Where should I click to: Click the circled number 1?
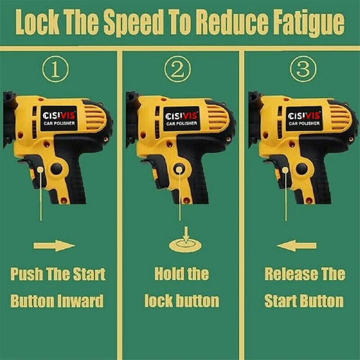click(x=55, y=69)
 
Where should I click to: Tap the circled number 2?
click(x=178, y=69)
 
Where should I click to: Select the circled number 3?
click(x=303, y=69)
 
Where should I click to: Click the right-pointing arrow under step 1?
click(x=54, y=246)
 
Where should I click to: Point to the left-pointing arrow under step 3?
click(x=297, y=246)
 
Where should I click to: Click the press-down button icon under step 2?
click(x=185, y=240)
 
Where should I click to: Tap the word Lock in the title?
click(x=37, y=22)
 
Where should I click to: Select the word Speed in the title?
click(x=133, y=23)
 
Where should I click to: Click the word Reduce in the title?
click(x=233, y=22)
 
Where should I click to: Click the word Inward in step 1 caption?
click(x=81, y=301)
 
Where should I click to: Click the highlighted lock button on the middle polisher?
click(x=179, y=169)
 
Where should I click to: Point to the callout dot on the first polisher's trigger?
click(x=40, y=170)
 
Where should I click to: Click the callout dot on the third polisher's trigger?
click(x=285, y=170)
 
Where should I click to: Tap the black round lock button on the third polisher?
click(x=302, y=168)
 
